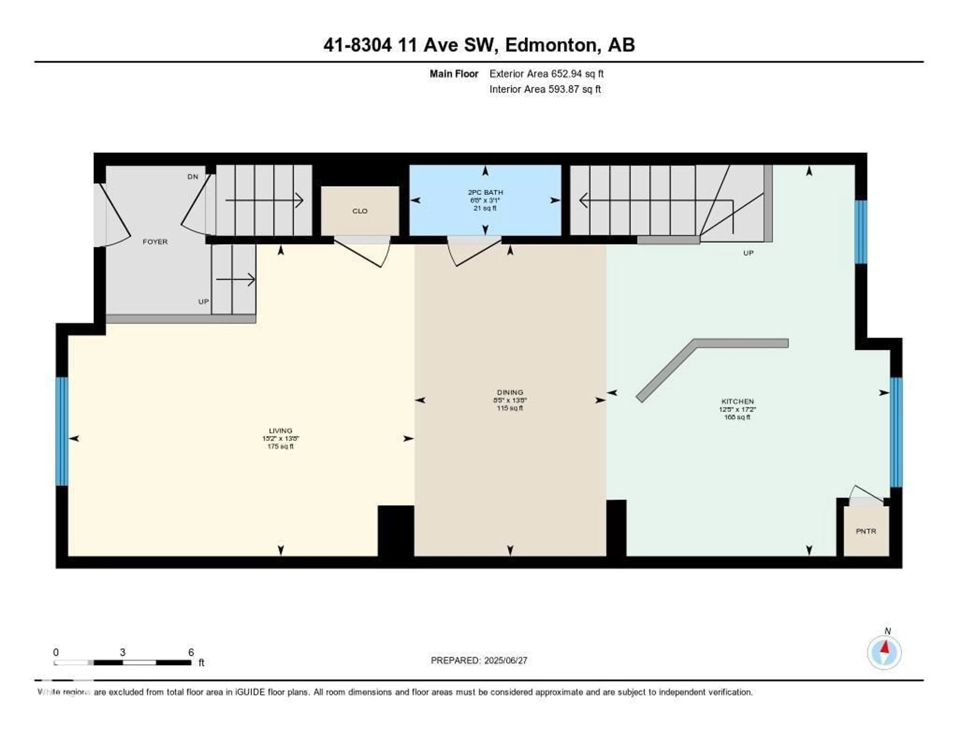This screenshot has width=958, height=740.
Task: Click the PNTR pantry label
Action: [x=865, y=531]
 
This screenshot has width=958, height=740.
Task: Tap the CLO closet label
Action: [x=360, y=211]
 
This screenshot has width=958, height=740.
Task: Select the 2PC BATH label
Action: [x=485, y=192]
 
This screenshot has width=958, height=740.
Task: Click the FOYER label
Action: [x=155, y=242]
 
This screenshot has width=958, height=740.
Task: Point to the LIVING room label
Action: [x=280, y=431]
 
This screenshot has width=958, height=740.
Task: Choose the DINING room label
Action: [x=510, y=392]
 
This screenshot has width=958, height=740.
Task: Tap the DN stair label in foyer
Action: [x=193, y=177]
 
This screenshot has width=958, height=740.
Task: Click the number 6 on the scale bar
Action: [x=191, y=652]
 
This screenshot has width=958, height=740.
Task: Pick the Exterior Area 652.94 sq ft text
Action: [x=546, y=74]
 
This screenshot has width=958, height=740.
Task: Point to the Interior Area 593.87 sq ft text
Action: [x=545, y=89]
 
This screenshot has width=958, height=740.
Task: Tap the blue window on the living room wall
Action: [x=62, y=431]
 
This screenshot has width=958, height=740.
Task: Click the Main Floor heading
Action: [x=454, y=74]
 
